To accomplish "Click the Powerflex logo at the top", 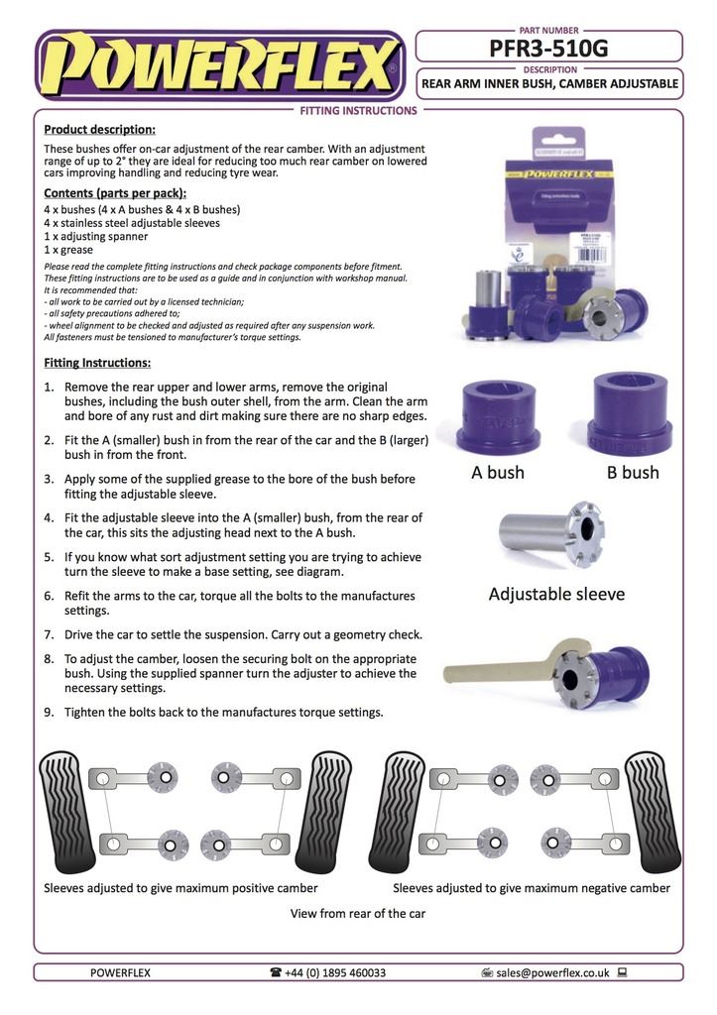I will [218, 67].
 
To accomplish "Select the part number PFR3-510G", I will [548, 47].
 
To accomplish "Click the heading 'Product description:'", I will [99, 130].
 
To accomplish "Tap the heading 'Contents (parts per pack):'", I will [115, 192].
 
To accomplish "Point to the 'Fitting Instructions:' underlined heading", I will [97, 363].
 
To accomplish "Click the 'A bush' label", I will [498, 472].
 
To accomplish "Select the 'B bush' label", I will [633, 472].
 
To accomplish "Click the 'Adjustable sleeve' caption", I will [556, 595].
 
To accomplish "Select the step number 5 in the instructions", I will [49, 557].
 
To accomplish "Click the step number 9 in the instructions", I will [49, 712].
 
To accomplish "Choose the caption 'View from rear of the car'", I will [357, 913].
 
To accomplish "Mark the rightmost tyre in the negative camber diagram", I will [653, 812].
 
